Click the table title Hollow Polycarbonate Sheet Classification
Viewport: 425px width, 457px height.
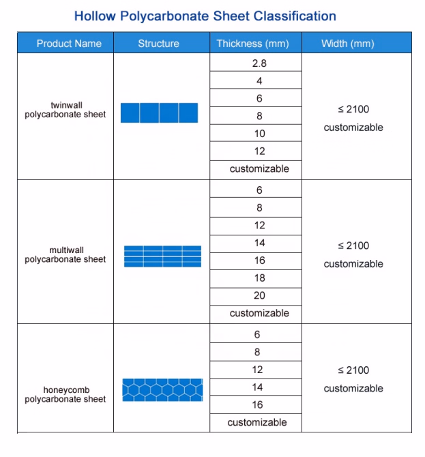coord(205,16)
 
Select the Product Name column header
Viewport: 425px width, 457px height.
coord(69,44)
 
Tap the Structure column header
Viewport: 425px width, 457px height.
coord(158,44)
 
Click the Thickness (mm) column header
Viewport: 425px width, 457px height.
coord(253,44)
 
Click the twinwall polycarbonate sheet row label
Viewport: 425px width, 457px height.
coord(65,110)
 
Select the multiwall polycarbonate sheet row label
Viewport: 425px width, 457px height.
coord(65,254)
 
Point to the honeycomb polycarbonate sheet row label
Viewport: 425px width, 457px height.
coord(65,394)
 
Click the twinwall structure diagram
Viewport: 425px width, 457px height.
coord(159,113)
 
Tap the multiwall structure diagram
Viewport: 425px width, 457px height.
coord(162,256)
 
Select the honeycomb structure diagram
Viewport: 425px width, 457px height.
coord(162,389)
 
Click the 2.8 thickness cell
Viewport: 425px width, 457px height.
coord(259,63)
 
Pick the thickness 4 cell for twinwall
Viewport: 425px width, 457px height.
coord(259,81)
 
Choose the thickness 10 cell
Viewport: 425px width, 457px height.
coord(259,134)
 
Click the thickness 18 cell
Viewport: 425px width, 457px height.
coord(259,278)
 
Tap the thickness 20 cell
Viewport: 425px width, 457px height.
coord(259,296)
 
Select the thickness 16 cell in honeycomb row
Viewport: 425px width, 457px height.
coord(257,405)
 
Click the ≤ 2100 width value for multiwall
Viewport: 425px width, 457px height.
coord(353,246)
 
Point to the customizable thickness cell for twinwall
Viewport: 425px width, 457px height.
coord(259,168)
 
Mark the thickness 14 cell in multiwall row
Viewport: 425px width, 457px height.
coord(259,243)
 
